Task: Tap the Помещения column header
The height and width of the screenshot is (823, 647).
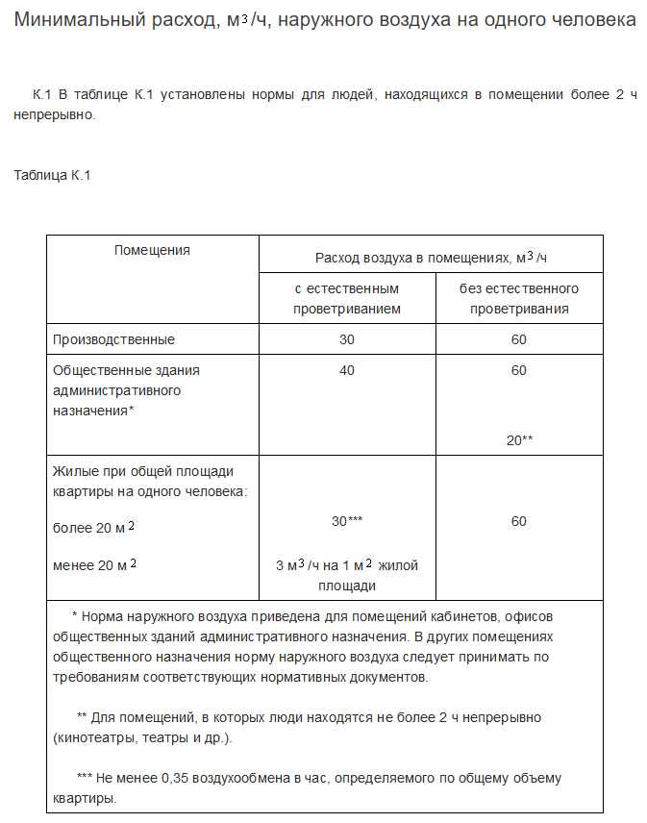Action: coord(152,250)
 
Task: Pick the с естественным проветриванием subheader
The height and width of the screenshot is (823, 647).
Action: coord(347,298)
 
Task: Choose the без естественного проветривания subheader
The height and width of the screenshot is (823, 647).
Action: coord(519,298)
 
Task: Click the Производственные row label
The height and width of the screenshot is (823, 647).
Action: coord(113,339)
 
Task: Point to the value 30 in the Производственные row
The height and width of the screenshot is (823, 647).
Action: coord(347,339)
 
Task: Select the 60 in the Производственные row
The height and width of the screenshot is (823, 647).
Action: coord(519,339)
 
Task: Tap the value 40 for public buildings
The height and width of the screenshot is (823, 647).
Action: coord(347,370)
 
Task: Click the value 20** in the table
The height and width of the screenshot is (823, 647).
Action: coord(519,439)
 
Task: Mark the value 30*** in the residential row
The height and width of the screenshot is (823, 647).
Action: coord(347,520)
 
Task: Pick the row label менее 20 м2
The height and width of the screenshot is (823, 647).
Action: coord(94,564)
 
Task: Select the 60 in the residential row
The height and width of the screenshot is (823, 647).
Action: coord(519,521)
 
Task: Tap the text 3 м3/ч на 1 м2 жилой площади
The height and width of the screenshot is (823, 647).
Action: coord(347,575)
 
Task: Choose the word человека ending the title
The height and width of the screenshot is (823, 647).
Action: coord(593,19)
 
